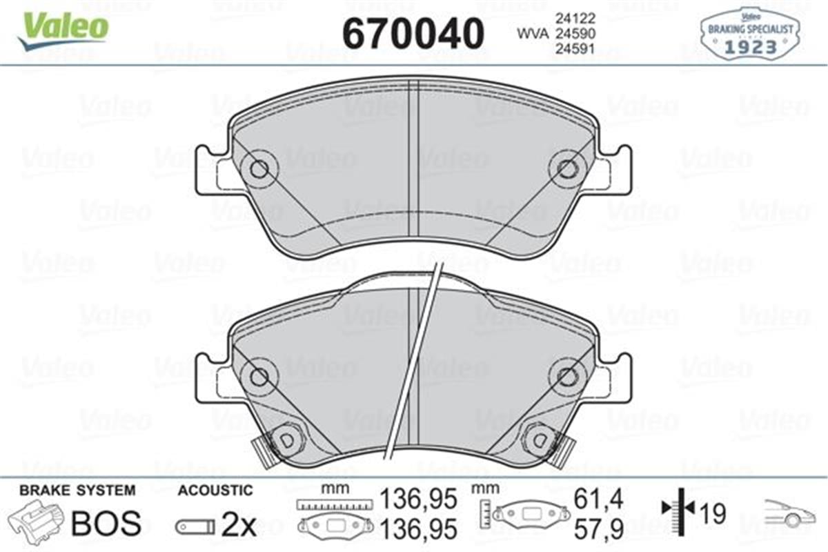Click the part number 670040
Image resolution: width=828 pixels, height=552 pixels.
pos(413,32)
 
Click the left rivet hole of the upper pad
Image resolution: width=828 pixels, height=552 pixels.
pos(259,169)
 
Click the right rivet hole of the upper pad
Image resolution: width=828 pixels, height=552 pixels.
pos(566,168)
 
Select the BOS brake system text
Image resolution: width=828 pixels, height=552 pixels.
pos(106,524)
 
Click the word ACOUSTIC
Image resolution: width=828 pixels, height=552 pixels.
pos(215,491)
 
